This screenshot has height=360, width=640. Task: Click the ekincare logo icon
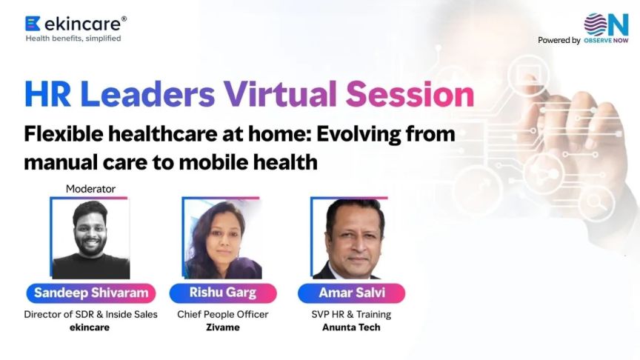33,24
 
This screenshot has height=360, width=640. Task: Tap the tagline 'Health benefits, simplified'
73,39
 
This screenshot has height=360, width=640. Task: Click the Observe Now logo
605,29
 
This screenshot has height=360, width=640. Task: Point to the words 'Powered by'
559,41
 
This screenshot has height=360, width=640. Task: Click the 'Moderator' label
90,189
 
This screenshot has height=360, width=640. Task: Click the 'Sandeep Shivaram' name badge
90,293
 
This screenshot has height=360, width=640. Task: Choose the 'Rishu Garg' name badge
223,293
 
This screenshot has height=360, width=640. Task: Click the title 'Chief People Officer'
223,315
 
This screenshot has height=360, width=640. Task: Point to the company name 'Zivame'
223,327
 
